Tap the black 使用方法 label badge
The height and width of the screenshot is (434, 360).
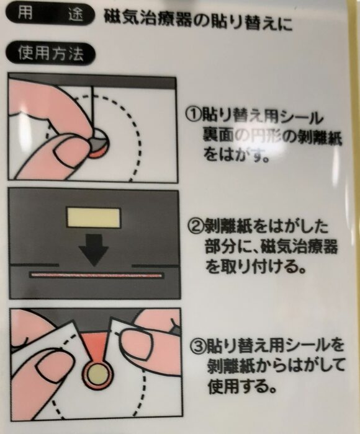pos(51,53)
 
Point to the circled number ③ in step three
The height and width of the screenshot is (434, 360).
pos(198,346)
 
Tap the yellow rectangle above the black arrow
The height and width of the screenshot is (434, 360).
pos(93,218)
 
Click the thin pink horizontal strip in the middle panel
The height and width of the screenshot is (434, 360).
pos(96,275)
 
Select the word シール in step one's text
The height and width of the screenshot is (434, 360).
pos(302,117)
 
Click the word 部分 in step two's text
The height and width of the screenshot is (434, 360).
pos(220,246)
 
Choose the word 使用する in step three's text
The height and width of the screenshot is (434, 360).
pos(243,386)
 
